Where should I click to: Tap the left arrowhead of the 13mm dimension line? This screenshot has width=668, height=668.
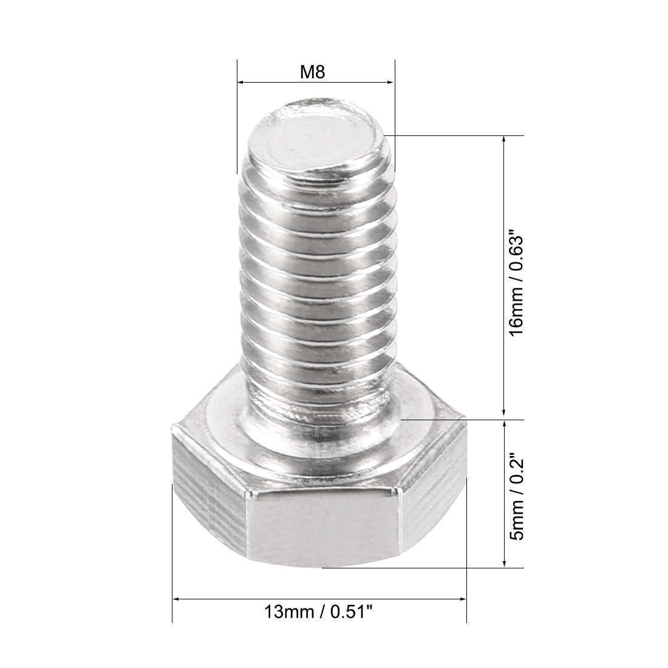(x=177, y=599)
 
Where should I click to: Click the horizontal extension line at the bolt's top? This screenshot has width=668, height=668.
(x=455, y=135)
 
